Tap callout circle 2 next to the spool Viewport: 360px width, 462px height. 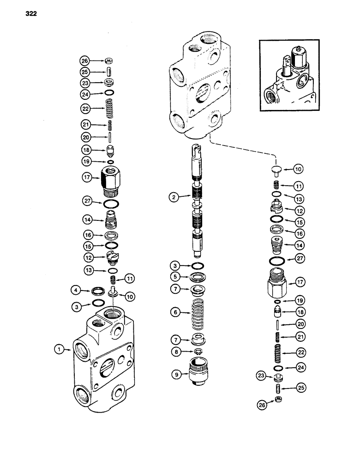[174, 198]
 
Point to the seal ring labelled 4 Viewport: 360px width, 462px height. [98, 291]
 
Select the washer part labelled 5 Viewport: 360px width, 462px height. [200, 279]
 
